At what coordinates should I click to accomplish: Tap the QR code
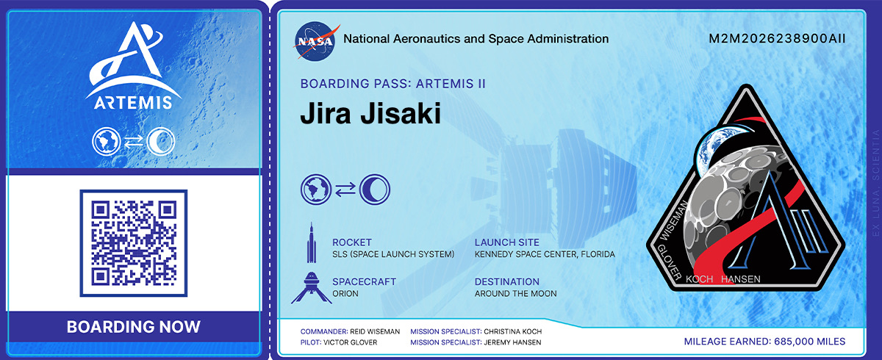coord(134,243)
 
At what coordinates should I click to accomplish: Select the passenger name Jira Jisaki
coord(370,114)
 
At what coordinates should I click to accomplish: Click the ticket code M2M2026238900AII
coord(777,38)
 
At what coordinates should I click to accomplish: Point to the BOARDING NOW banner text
coord(134,326)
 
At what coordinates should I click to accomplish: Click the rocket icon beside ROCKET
coord(312,242)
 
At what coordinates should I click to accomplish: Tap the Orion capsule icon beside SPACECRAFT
coord(312,287)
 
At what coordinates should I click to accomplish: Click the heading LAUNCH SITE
coord(506,242)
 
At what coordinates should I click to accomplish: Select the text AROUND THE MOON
coord(515,293)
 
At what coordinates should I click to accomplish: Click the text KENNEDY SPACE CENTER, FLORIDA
coord(545,254)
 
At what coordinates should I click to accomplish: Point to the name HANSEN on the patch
coord(741,279)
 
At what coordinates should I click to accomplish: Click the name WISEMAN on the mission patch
coord(674,220)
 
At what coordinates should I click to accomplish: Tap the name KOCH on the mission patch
coord(699,279)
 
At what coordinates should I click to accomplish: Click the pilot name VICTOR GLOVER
coord(350,342)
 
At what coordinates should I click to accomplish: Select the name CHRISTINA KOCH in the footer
coord(513,331)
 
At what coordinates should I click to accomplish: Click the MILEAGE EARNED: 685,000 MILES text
coord(764,342)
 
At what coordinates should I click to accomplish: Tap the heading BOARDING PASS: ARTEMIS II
coord(393,84)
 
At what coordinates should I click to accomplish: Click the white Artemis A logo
coord(134,59)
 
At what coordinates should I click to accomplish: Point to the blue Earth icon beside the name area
coord(316,190)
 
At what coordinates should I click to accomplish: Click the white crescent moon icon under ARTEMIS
coord(161,141)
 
